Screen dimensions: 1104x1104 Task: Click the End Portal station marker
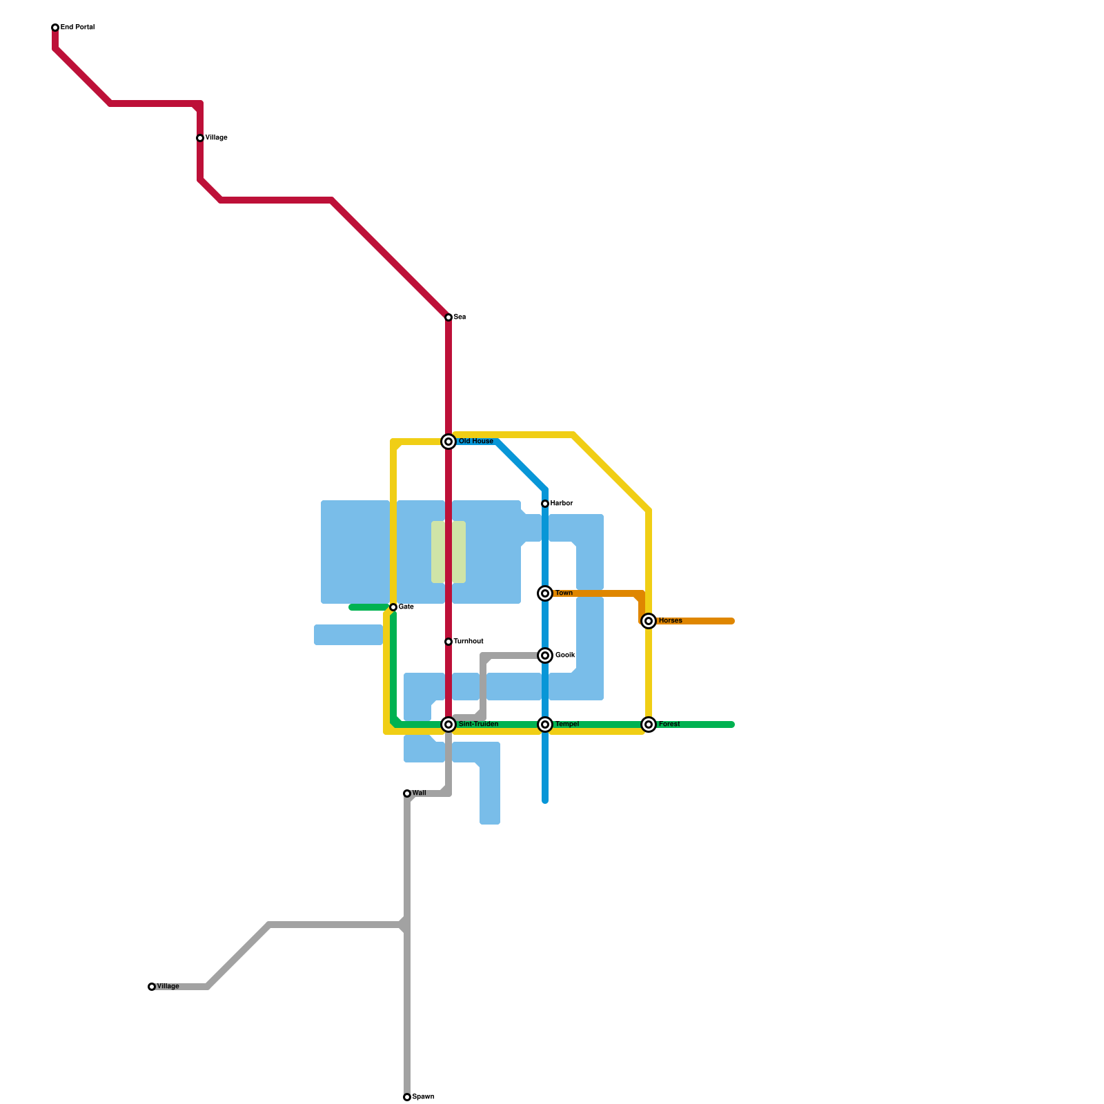click(x=55, y=28)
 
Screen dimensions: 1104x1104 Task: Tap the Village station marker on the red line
click(x=200, y=138)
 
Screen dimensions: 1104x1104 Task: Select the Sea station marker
click(x=448, y=317)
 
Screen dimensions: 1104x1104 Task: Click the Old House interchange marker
click(x=448, y=442)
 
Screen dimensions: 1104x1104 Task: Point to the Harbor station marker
click(x=545, y=504)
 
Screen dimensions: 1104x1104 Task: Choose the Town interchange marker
click(x=545, y=593)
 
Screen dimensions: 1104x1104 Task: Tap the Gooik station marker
click(x=545, y=655)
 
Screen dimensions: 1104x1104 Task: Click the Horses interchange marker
click(x=649, y=621)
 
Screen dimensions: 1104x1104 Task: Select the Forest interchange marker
click(x=649, y=724)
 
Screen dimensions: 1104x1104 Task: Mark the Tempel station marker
click(x=545, y=724)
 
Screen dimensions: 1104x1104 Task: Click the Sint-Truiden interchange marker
click(x=448, y=724)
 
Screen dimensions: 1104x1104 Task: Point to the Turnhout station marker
click(x=448, y=642)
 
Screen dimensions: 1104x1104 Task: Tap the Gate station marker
click(x=393, y=607)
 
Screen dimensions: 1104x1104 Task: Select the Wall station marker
click(x=407, y=793)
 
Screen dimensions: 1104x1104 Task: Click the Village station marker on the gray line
click(x=152, y=987)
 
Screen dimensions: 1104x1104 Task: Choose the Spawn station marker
click(x=407, y=1097)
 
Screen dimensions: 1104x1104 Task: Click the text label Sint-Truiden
click(x=478, y=724)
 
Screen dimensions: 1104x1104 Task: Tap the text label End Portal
click(x=77, y=28)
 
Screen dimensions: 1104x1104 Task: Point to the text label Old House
click(x=476, y=442)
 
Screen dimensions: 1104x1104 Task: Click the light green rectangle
click(x=448, y=552)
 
